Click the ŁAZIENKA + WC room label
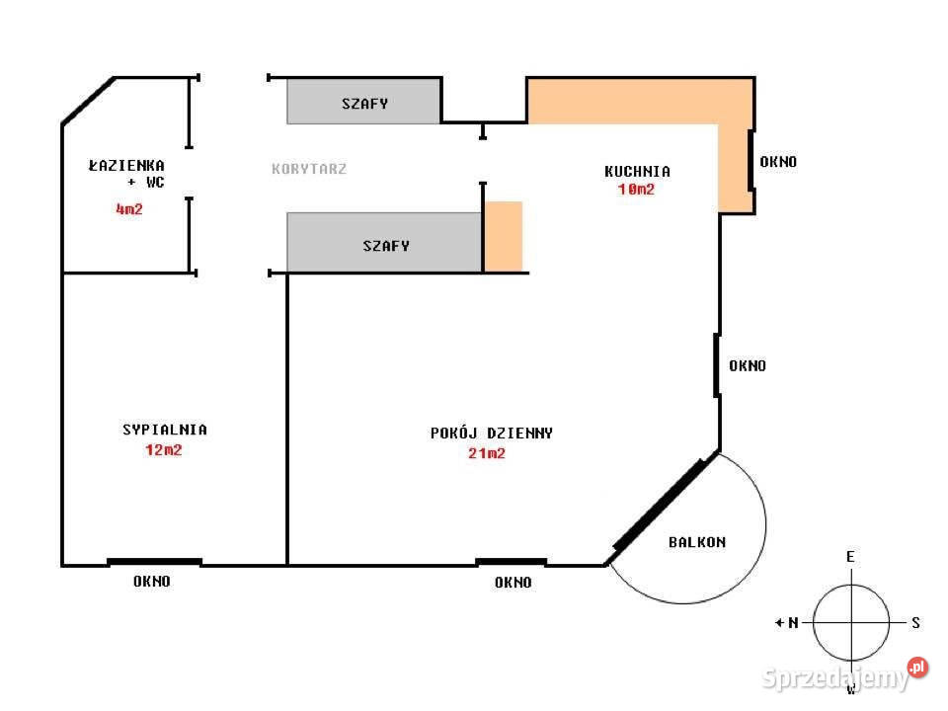[x=126, y=174]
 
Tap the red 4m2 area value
[x=129, y=209]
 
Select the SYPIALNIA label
[x=165, y=430]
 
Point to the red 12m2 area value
[x=163, y=450]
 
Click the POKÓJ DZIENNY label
[x=492, y=434]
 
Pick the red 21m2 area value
[x=487, y=453]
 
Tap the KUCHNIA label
[x=637, y=172]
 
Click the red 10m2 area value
[x=636, y=190]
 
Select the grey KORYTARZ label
[x=309, y=169]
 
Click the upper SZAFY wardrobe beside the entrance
[x=364, y=102]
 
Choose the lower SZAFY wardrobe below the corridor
[x=384, y=243]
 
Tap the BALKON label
[x=697, y=542]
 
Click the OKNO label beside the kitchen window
[x=778, y=162]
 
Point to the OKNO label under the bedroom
[x=152, y=582]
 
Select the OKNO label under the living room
[x=513, y=583]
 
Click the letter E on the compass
[x=850, y=557]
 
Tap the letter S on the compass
[x=916, y=623]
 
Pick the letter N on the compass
[x=793, y=623]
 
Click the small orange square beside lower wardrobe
[x=504, y=236]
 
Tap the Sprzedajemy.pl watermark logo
[x=844, y=675]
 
